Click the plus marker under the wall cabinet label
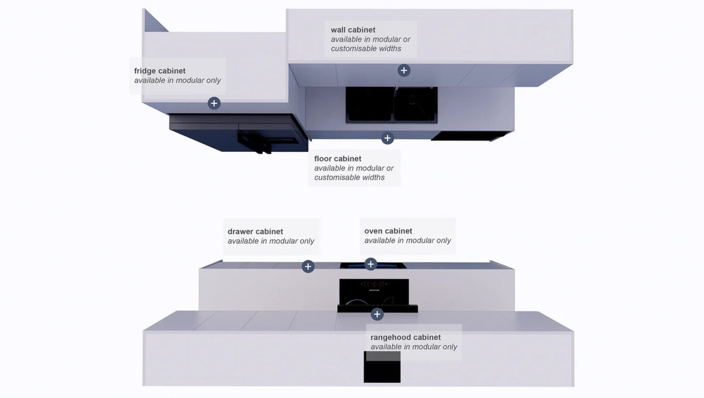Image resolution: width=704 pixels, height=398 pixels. point(404,71)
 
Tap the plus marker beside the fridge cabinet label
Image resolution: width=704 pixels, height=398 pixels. point(214,103)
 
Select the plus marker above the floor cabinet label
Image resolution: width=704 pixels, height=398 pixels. point(388,138)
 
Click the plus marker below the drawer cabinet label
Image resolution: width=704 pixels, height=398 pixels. point(308,267)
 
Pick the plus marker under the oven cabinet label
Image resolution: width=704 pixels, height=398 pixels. point(370,264)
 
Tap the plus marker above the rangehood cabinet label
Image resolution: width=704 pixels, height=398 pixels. point(377,314)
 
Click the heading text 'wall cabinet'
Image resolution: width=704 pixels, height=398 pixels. point(353,30)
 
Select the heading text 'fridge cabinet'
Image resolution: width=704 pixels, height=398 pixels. point(160,71)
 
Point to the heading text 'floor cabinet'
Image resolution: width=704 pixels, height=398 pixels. point(338,159)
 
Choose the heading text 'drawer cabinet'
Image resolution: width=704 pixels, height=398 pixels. point(255,232)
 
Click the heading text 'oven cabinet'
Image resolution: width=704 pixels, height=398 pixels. point(388,231)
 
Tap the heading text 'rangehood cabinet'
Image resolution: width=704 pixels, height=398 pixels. point(406,337)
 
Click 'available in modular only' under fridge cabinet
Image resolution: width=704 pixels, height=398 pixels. point(178,81)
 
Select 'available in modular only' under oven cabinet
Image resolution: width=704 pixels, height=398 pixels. point(407,241)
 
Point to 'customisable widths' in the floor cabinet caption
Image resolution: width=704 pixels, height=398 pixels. point(349,177)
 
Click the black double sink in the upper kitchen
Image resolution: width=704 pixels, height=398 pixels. point(391,105)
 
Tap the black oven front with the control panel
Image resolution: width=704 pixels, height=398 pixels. point(374,292)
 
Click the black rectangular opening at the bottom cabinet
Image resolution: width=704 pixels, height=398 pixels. point(382,367)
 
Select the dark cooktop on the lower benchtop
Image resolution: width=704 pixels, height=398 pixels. point(373,266)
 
